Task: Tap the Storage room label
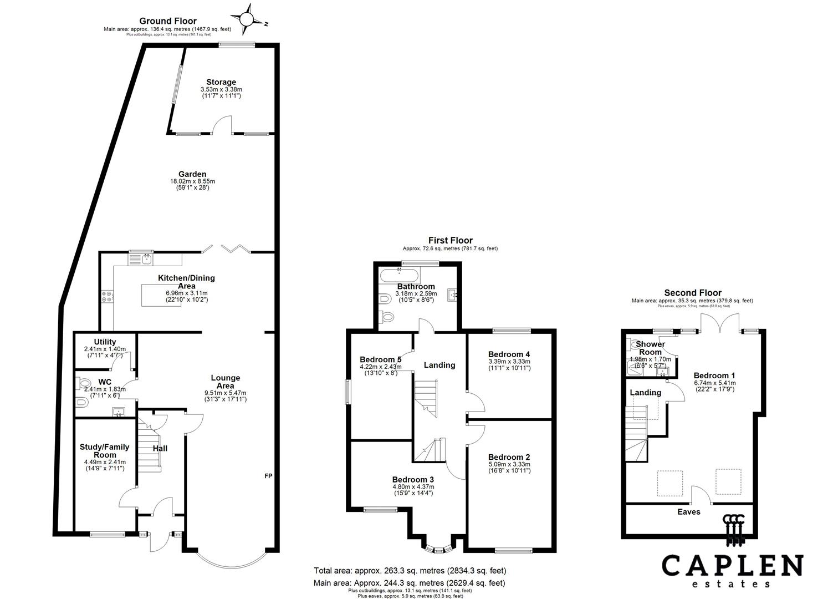coord(221,82)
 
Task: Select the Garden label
coord(192,174)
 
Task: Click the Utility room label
coord(105,342)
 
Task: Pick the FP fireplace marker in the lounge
coord(269,476)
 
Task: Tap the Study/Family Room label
coord(105,450)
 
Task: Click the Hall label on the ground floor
coord(160,448)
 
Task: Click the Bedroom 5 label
coord(381,359)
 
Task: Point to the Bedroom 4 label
coord(509,354)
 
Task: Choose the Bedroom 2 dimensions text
coord(509,468)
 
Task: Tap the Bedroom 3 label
coord(413,479)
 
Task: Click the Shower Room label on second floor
coord(650,348)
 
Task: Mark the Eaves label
coord(689,512)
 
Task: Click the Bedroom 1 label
coord(714,375)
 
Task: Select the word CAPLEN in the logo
coord(732,566)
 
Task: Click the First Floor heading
coord(450,240)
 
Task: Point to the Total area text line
coord(410,570)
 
